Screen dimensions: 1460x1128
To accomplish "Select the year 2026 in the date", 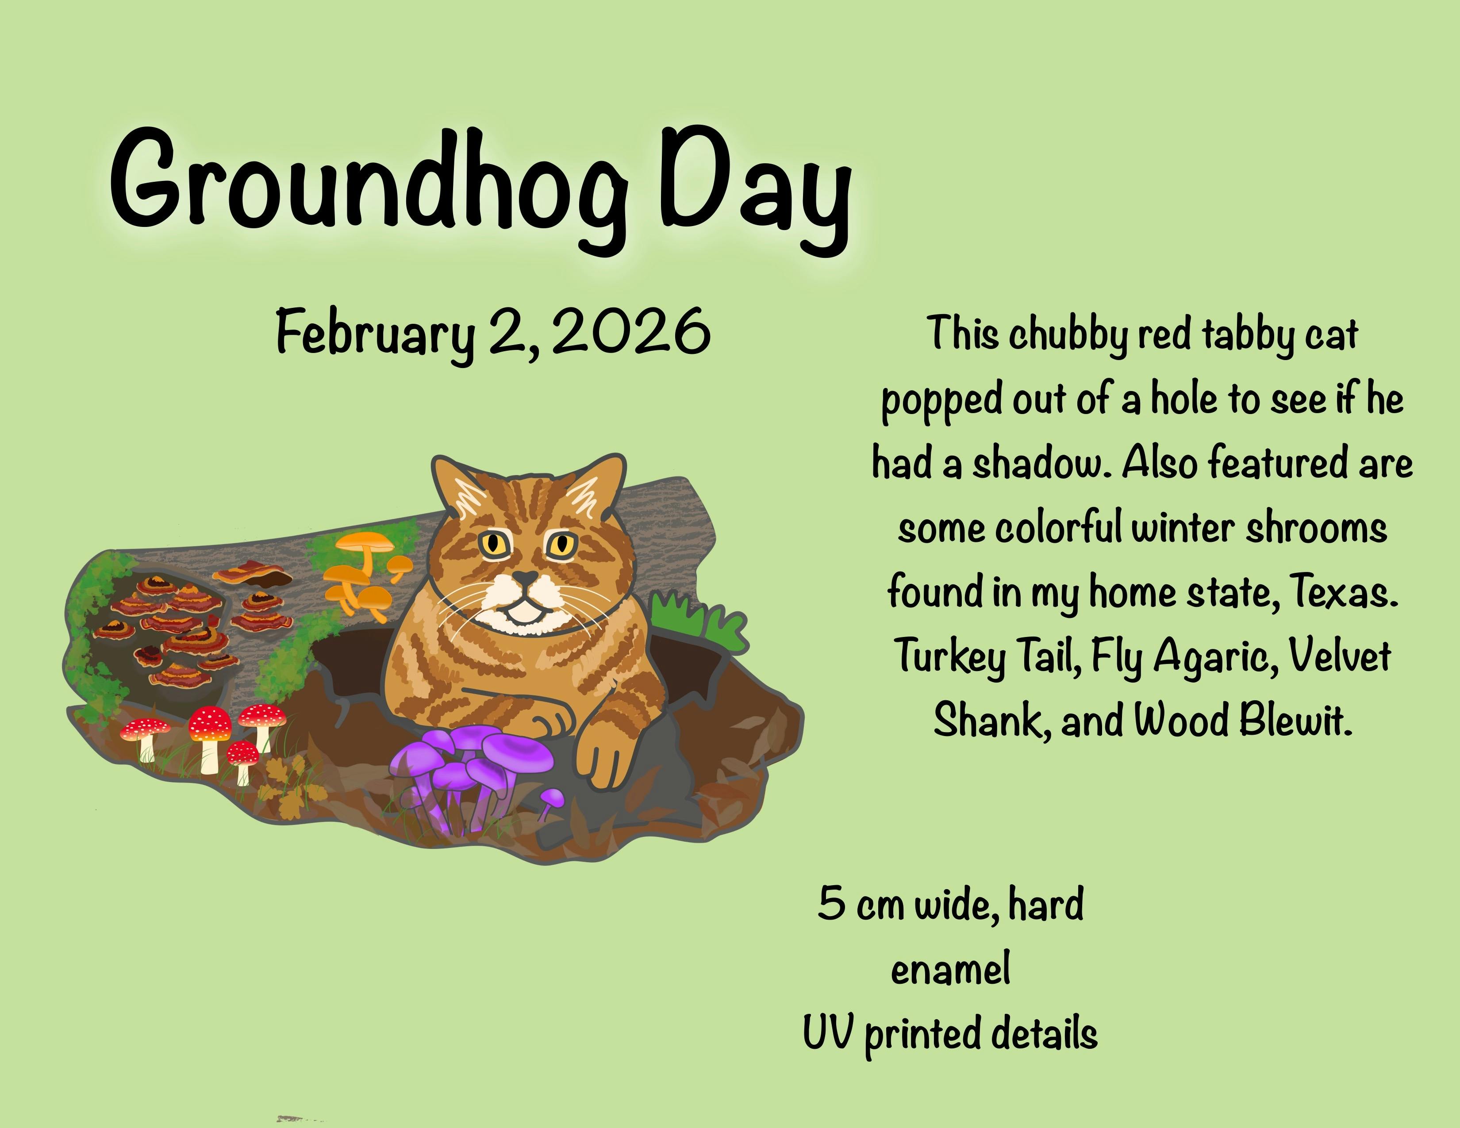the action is [632, 331].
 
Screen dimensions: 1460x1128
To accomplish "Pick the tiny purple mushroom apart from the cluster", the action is [552, 802].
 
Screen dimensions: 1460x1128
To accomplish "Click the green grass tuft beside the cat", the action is [695, 618].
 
